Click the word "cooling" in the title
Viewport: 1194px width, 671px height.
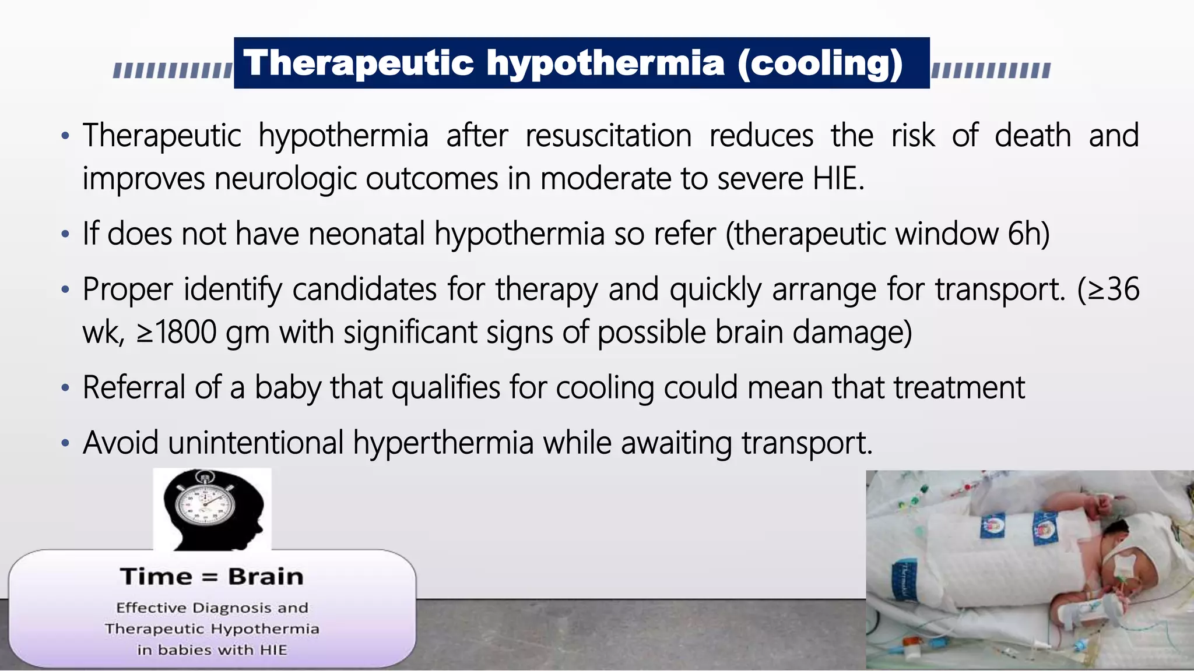pos(820,63)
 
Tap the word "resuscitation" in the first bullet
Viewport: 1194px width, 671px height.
pos(608,136)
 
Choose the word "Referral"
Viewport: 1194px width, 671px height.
pos(134,387)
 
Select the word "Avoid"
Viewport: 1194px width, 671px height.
pos(121,443)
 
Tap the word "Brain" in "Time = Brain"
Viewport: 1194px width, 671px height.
pos(266,577)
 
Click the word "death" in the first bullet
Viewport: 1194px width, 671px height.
pos(1033,136)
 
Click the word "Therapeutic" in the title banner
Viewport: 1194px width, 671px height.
pos(358,63)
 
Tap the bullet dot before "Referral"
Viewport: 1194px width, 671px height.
pos(65,388)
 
